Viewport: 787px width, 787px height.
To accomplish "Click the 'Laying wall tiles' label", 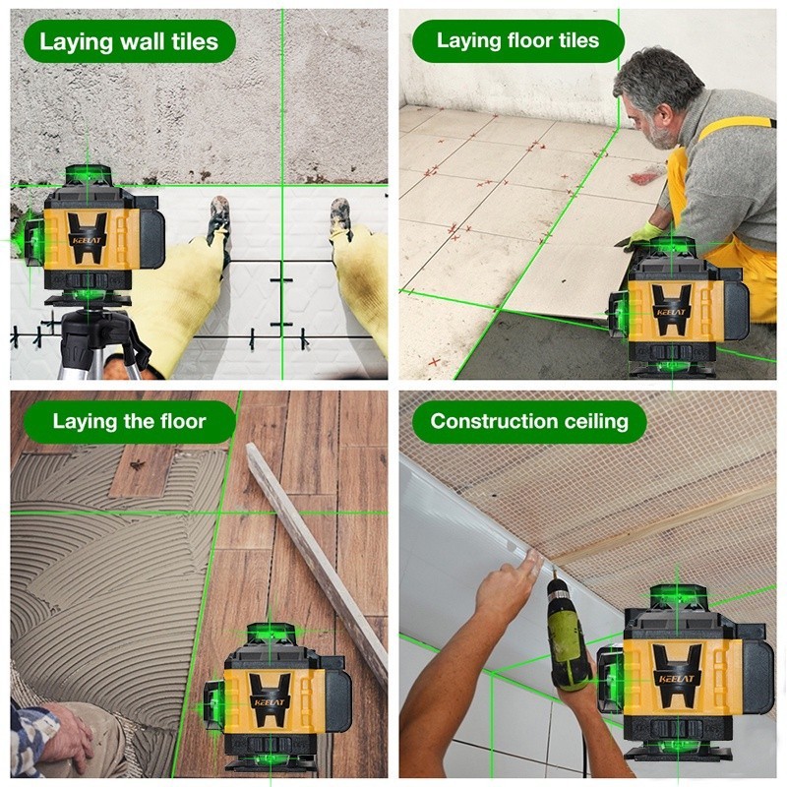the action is (x=129, y=41).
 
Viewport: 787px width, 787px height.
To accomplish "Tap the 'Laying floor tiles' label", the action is (x=518, y=40).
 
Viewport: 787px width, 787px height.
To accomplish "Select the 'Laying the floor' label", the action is (x=129, y=422).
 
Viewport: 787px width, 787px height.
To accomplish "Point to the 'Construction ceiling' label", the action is (x=529, y=422).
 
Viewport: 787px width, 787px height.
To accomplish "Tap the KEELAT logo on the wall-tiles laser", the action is (x=87, y=240).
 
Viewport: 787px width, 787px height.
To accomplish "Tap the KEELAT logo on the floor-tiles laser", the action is (x=671, y=312).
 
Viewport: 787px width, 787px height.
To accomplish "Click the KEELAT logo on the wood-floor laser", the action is (x=269, y=702).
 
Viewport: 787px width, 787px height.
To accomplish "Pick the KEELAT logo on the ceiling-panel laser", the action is (x=677, y=680).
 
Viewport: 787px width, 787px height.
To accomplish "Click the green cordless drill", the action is (x=569, y=636).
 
